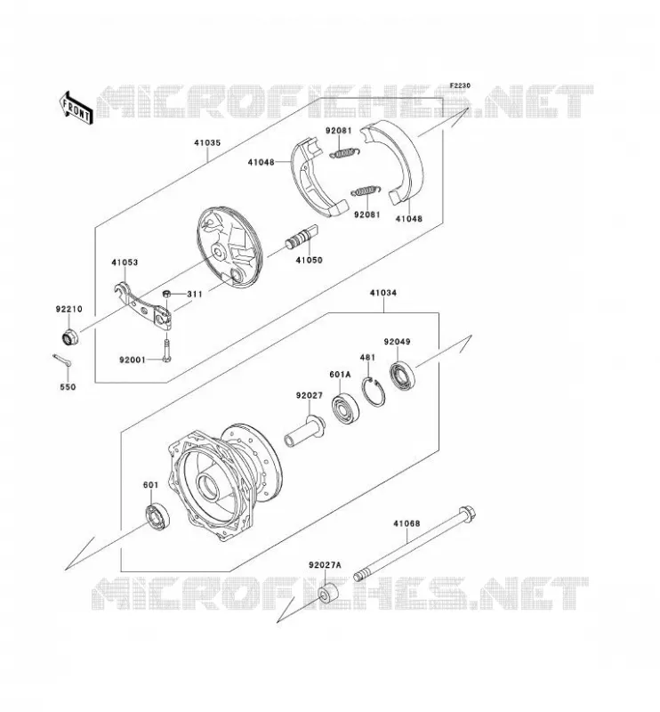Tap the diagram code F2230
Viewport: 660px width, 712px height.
[460, 85]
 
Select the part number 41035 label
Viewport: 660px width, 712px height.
[207, 142]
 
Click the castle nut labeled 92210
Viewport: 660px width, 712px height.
[70, 337]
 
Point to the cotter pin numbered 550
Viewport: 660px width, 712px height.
[62, 360]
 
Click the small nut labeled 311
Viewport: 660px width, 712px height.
[166, 294]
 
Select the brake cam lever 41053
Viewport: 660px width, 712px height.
[143, 307]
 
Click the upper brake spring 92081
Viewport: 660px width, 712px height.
[345, 153]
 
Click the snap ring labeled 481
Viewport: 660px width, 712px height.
[374, 392]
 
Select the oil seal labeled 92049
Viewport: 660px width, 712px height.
[402, 375]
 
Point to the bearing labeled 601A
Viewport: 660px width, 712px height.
[345, 409]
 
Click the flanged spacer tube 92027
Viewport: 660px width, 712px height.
[304, 432]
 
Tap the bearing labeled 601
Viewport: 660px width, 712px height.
[157, 516]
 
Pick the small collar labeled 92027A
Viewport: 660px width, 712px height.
[328, 593]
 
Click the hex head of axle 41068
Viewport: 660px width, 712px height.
[468, 514]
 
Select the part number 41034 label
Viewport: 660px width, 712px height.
[382, 293]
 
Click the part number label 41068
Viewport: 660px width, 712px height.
[406, 523]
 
